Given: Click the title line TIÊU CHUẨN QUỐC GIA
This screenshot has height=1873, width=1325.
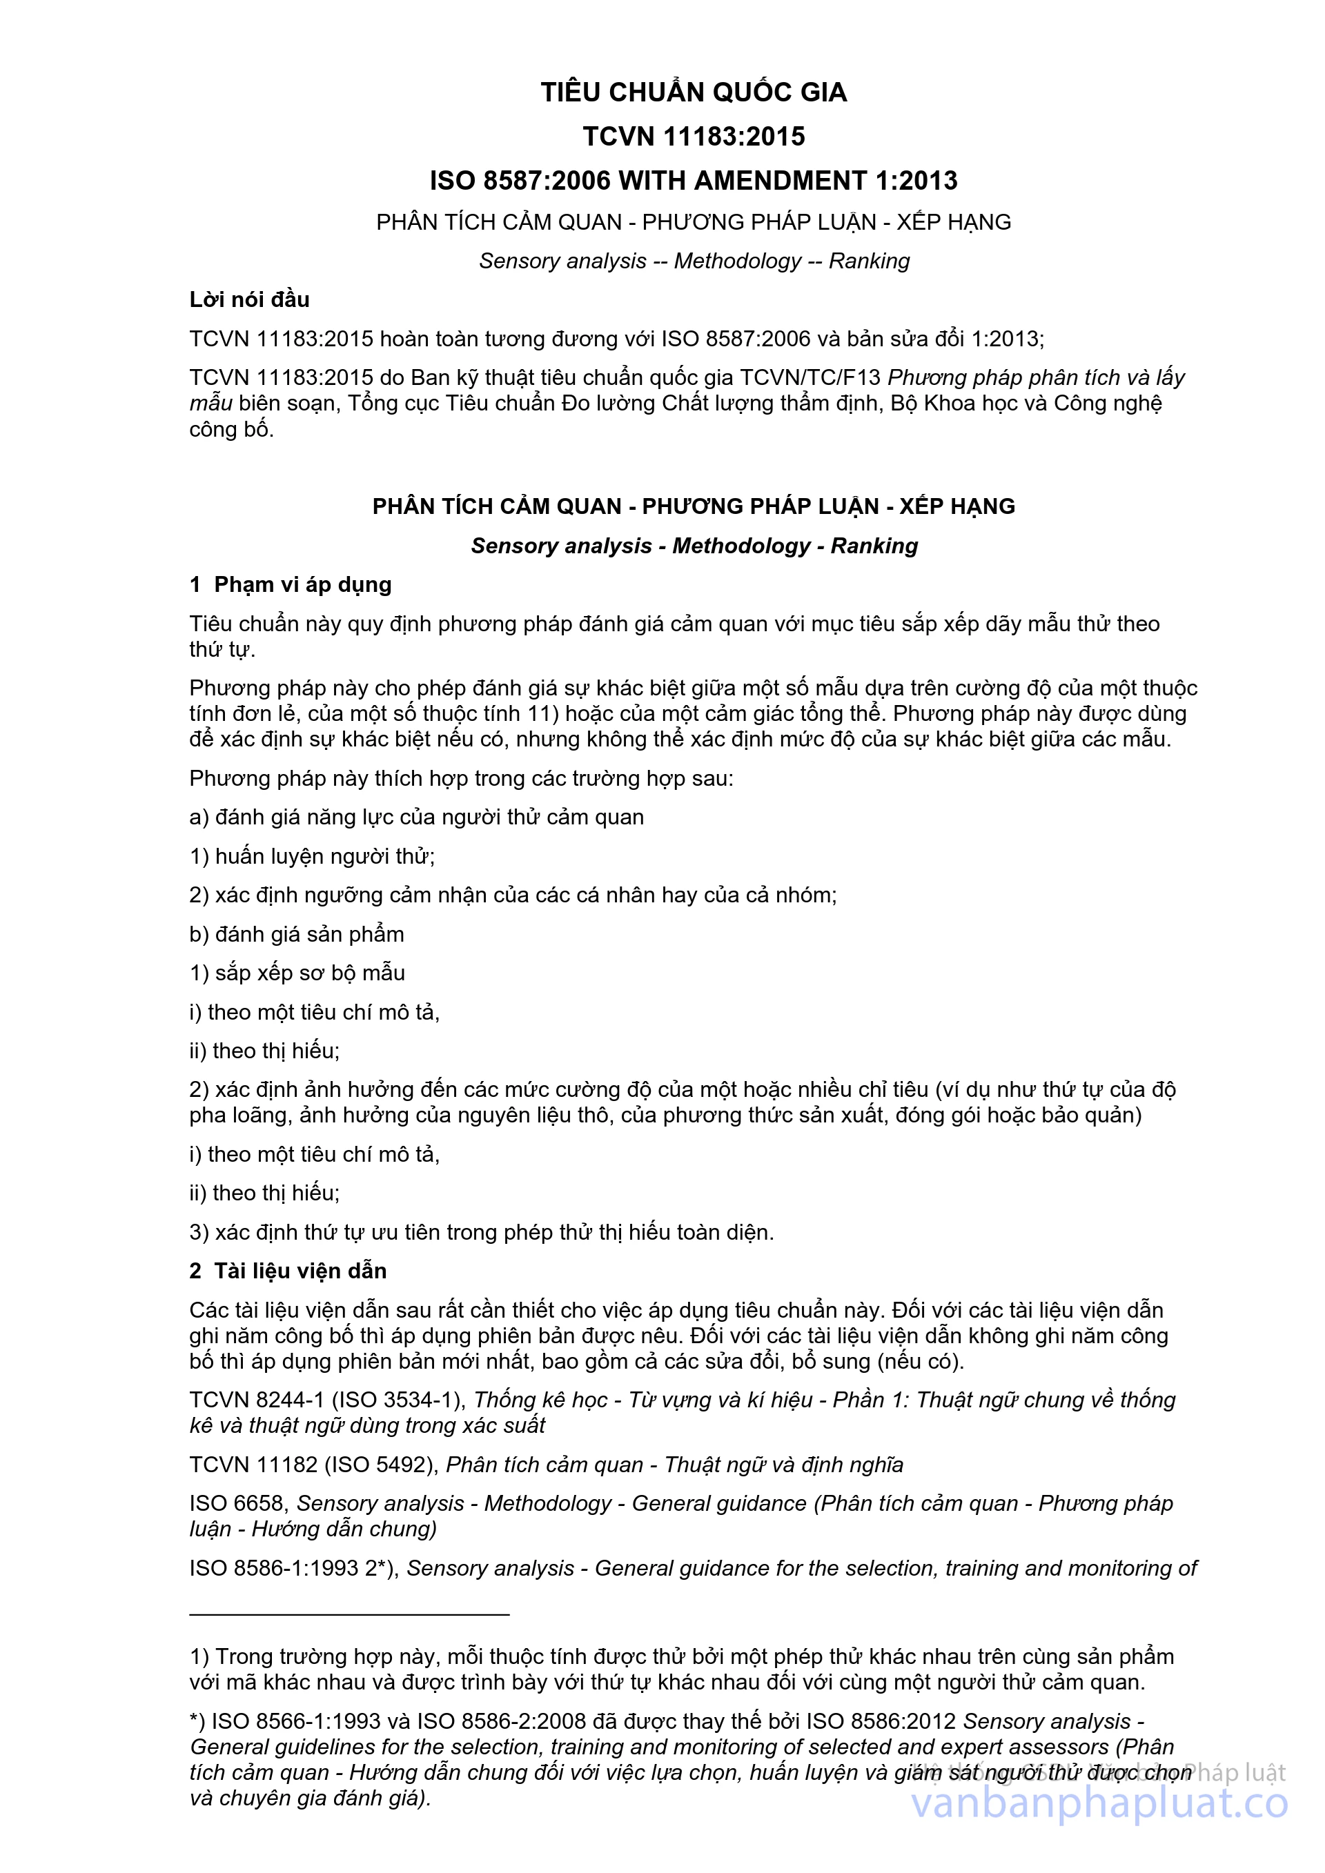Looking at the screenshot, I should tap(694, 92).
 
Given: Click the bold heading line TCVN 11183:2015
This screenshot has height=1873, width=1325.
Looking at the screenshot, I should tap(694, 136).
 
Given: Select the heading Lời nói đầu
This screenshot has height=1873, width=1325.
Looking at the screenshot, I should tap(250, 299).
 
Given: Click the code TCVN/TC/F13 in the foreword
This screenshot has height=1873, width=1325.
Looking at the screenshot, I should tap(810, 377).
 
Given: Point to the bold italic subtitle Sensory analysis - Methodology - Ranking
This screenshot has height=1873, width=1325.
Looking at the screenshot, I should tap(694, 546).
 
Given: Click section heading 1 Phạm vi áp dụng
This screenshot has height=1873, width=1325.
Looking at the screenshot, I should tap(291, 585).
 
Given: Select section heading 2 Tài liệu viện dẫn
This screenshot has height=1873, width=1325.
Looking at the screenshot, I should tap(288, 1271).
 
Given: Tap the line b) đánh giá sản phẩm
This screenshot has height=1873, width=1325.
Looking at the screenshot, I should tap(297, 934).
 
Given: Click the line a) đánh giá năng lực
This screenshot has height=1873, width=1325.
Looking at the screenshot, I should tap(416, 817).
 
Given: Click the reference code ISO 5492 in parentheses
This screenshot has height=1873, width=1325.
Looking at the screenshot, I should tap(382, 1465).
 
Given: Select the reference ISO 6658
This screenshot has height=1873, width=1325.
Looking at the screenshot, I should tap(237, 1503).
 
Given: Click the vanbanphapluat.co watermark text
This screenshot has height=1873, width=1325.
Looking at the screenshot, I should tap(1099, 1803).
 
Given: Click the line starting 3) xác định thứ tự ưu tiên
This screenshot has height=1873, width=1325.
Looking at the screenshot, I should tap(482, 1232).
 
